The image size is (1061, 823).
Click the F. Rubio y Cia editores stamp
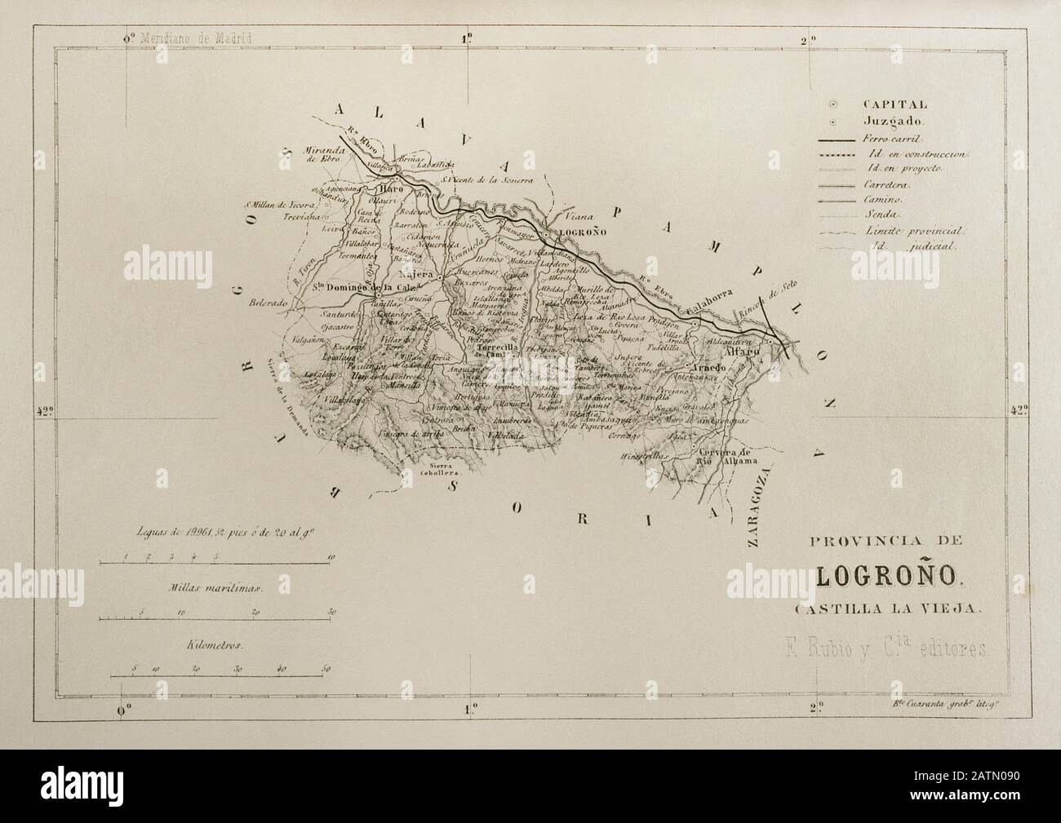click(x=881, y=649)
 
